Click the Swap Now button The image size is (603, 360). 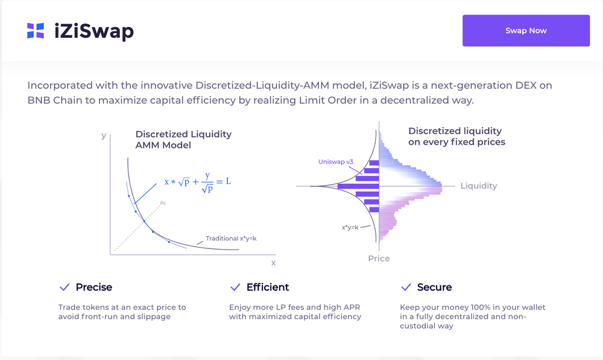click(526, 31)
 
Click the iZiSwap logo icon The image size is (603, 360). click(36, 31)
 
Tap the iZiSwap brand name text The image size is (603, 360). click(93, 31)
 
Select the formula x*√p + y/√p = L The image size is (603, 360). click(197, 182)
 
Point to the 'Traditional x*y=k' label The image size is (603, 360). click(231, 238)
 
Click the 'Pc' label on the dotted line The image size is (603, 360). click(163, 203)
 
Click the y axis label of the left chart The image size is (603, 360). click(104, 136)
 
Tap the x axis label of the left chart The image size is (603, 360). click(273, 263)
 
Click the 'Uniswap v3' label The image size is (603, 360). click(335, 162)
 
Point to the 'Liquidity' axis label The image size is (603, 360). click(478, 186)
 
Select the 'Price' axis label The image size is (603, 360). click(379, 259)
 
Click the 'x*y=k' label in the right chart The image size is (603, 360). click(350, 227)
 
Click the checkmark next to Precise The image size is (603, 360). click(64, 287)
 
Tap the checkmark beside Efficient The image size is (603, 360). click(235, 287)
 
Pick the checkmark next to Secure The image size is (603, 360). click(405, 287)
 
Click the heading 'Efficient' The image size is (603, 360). click(268, 287)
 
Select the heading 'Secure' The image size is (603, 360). click(434, 287)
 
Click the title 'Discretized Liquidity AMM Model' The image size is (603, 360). click(183, 140)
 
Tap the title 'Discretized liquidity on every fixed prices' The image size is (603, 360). click(456, 136)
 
